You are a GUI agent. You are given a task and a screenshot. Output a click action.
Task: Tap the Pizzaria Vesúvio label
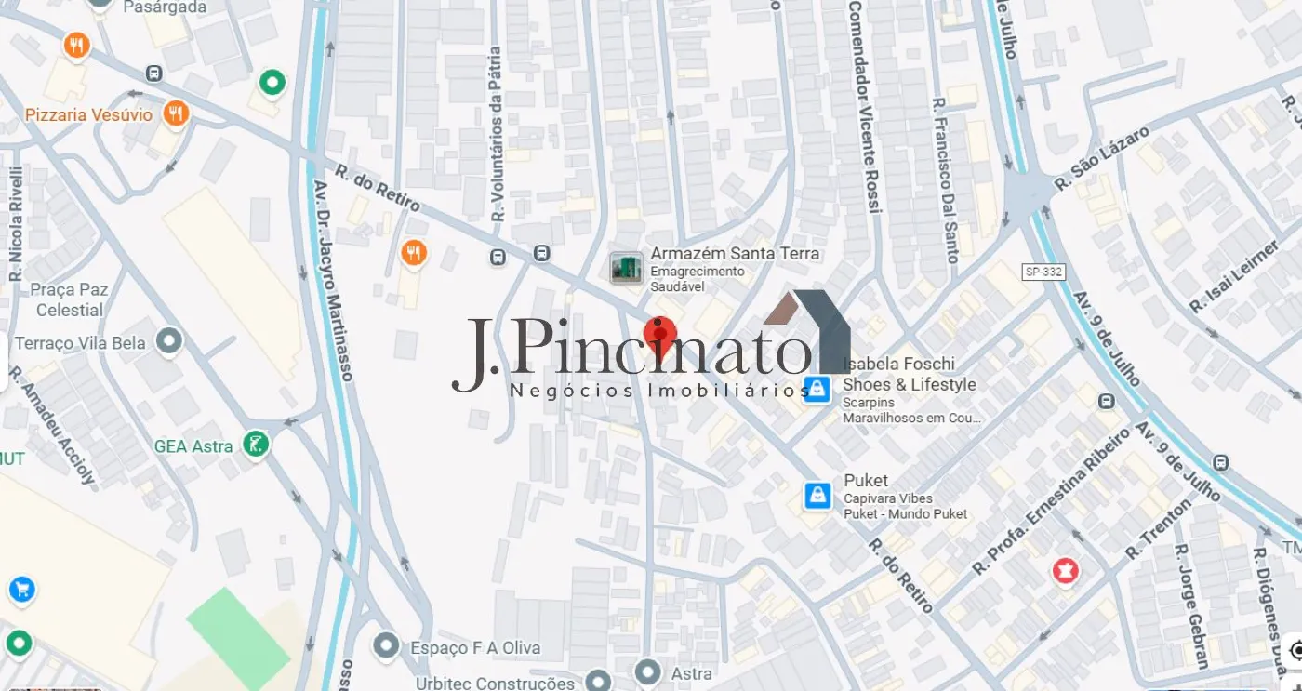[88, 115]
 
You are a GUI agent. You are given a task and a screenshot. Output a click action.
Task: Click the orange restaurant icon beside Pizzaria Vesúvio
[175, 114]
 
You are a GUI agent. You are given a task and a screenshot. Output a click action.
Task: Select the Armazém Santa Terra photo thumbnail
[627, 268]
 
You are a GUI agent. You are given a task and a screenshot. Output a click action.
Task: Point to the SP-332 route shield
[1043, 272]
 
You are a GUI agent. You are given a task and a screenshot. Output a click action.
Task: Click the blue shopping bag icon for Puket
[817, 496]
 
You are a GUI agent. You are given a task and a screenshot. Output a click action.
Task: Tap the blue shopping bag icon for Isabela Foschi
[817, 389]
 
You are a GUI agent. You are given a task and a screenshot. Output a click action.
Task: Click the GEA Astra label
[193, 446]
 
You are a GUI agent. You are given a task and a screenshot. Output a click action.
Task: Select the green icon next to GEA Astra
[255, 445]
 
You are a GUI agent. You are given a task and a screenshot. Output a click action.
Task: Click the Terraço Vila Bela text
[80, 343]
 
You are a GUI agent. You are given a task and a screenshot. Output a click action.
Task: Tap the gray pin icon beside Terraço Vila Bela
[169, 342]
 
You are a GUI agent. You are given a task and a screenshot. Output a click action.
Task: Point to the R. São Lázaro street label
[1102, 159]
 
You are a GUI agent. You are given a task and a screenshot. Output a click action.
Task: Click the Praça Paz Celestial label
[69, 299]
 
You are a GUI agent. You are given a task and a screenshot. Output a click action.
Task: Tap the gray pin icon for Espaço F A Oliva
[385, 645]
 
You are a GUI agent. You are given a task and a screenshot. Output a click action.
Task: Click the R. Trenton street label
[1158, 529]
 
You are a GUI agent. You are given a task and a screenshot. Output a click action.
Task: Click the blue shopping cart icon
[21, 589]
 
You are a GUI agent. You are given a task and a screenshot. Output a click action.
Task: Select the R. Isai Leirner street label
[1234, 277]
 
